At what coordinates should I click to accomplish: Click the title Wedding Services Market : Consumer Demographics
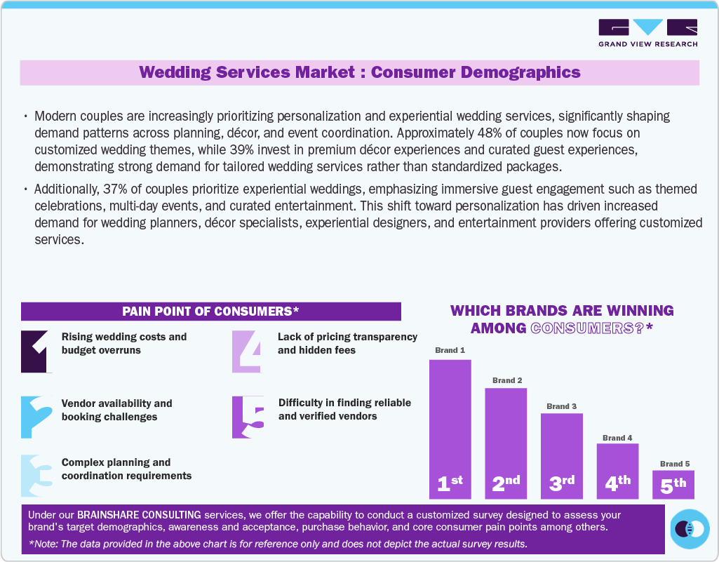coord(359,72)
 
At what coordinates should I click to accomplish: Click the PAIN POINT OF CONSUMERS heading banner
coord(210,311)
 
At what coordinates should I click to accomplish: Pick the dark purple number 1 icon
coord(36,351)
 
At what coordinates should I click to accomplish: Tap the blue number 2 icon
coord(36,417)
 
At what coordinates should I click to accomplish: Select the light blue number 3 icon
coord(36,476)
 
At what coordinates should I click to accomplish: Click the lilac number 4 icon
coord(248,351)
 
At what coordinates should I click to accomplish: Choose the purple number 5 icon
coord(248,417)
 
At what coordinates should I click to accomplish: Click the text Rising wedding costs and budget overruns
coord(124,343)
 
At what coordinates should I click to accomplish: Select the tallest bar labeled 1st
coord(450,428)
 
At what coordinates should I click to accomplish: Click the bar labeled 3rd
coord(561,456)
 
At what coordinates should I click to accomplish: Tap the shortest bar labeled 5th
coord(673,484)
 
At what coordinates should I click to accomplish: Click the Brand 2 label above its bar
coord(507,380)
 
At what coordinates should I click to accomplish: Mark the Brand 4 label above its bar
coord(618,438)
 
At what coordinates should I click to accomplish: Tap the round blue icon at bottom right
coord(690,528)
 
